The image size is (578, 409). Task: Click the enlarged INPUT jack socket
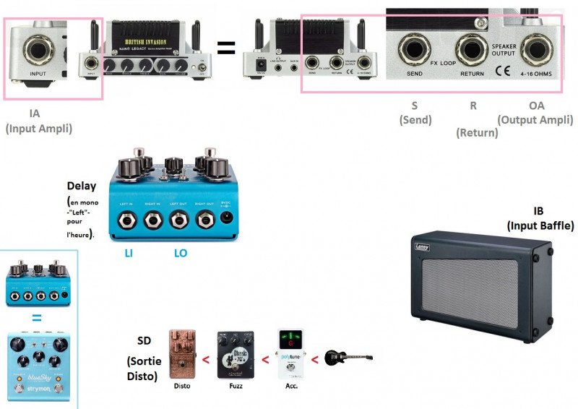(38, 50)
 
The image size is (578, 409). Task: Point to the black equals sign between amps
(227, 48)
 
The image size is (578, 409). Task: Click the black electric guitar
(348, 356)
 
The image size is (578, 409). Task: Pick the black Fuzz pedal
(236, 355)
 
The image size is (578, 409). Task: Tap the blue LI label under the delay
(129, 254)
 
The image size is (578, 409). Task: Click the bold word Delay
(81, 186)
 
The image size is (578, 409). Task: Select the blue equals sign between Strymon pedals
(36, 317)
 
